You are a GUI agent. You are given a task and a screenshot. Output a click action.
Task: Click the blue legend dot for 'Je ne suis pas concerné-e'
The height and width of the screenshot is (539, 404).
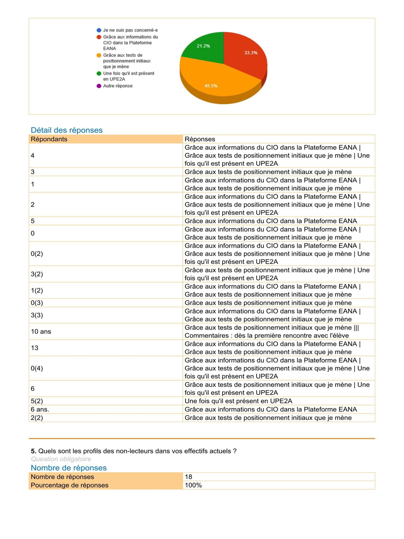pos(99,30)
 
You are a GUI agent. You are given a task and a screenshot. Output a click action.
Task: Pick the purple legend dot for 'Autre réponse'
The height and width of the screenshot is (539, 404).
pos(99,86)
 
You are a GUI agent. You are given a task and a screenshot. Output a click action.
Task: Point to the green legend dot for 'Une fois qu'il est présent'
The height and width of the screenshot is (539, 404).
pos(99,73)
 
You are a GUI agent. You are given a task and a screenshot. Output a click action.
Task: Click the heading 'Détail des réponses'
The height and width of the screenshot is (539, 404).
pos(67,130)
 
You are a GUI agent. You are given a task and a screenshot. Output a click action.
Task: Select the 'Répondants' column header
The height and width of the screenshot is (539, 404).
pos(49,139)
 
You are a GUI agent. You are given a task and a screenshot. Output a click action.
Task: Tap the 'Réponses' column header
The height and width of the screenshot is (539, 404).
pos(200,139)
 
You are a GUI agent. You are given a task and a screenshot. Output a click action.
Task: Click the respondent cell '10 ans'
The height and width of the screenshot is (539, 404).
pos(41,332)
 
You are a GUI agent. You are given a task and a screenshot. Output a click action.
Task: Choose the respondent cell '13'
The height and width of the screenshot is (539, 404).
pos(34,348)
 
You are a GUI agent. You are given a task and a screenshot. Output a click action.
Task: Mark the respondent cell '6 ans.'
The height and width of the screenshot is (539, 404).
pos(40,410)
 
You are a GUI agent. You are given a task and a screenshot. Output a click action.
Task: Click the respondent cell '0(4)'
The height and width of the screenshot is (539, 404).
pos(37,368)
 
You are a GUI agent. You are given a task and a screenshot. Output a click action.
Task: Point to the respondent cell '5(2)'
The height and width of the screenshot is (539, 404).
pos(37,401)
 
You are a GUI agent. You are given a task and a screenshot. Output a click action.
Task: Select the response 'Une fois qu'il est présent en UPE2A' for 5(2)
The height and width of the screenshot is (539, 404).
pos(238,401)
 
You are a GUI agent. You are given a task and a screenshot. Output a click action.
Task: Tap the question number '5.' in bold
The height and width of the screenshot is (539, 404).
pos(33,451)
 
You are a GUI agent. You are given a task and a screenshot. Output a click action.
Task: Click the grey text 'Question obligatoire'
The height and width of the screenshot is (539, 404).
pos(61,459)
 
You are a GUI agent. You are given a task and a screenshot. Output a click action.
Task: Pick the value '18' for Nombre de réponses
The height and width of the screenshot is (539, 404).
pos(188,477)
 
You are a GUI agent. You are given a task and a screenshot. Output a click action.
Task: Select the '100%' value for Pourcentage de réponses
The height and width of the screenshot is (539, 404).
pos(193,485)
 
